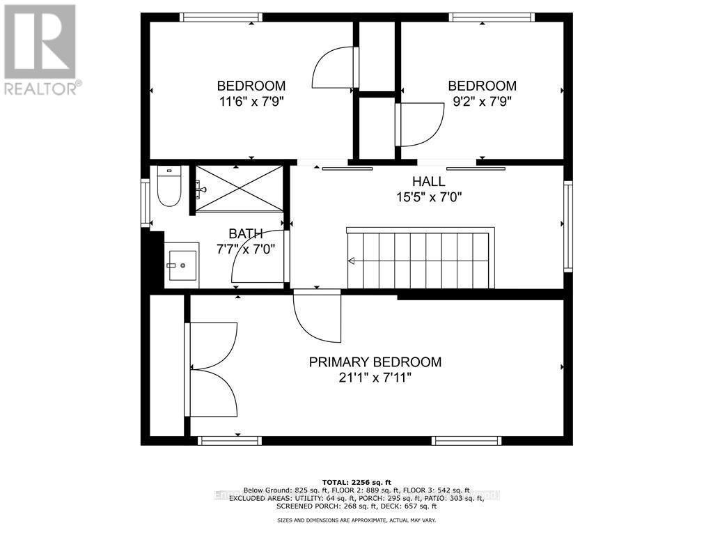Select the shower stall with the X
tap(239, 188)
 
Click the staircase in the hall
tap(421, 260)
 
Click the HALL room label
tap(428, 182)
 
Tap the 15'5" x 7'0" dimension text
tap(428, 197)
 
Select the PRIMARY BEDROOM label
tap(375, 362)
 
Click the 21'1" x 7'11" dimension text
tap(375, 378)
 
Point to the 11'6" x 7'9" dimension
tap(251, 101)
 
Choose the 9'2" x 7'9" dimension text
tap(482, 101)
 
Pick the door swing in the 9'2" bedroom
tap(420, 124)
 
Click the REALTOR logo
tap(40, 49)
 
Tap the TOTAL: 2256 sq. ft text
tap(356, 482)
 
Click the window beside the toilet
tap(146, 203)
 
